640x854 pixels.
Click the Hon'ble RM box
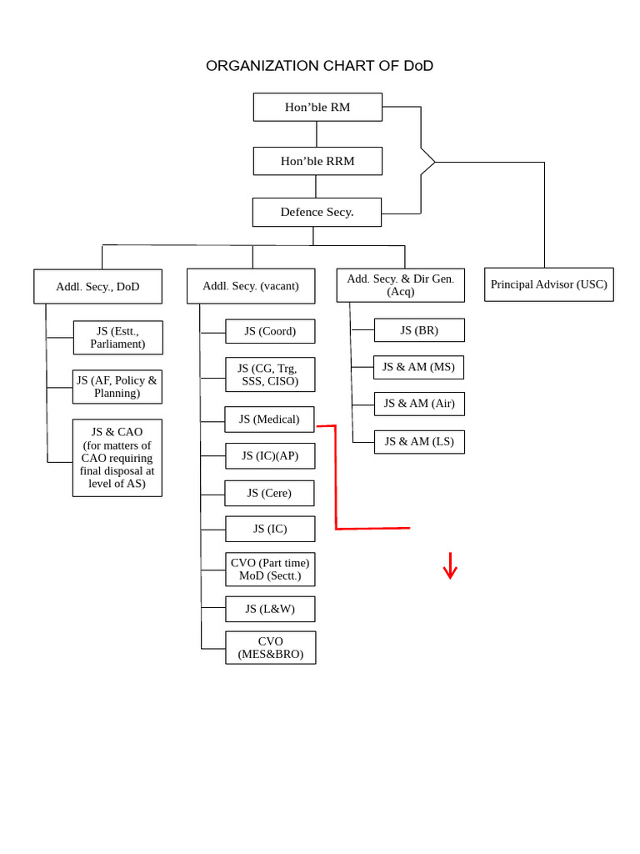[x=317, y=107]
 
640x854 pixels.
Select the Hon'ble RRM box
[x=317, y=161]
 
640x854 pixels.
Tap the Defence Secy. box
[x=317, y=212]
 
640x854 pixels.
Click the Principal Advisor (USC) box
[x=548, y=284]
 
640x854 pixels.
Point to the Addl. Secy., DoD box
[x=97, y=286]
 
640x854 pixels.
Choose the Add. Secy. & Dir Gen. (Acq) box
[x=400, y=285]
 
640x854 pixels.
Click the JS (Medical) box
[x=269, y=419]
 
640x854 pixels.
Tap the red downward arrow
[x=450, y=566]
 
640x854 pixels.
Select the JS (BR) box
[x=419, y=330]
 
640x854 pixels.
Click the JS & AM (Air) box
[x=419, y=404]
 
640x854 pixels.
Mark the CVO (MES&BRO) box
[x=270, y=648]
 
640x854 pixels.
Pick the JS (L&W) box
[x=270, y=609]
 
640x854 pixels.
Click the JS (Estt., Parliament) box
[x=117, y=338]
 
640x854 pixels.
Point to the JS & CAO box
[x=117, y=458]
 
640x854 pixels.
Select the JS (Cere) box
[x=269, y=493]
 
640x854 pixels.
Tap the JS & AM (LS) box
[x=419, y=442]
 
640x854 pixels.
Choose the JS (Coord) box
[x=270, y=331]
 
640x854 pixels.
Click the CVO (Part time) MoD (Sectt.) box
[x=270, y=570]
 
